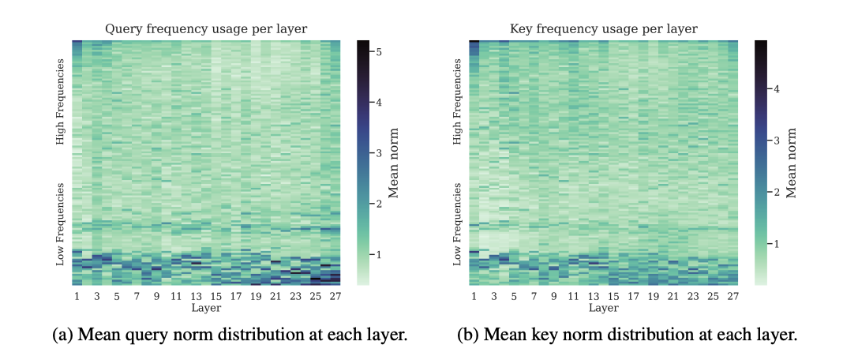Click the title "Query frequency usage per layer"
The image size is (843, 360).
click(206, 29)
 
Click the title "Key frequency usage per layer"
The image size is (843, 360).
click(603, 29)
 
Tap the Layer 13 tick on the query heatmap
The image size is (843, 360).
click(196, 297)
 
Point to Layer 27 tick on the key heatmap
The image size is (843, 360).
click(732, 297)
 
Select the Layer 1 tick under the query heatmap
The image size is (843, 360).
click(77, 297)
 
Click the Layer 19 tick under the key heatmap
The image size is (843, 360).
click(653, 297)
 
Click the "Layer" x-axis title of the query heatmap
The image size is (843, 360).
click(206, 308)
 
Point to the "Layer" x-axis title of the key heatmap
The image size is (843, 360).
click(603, 308)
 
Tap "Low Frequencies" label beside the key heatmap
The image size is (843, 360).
click(458, 224)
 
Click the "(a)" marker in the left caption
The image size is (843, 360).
click(62, 335)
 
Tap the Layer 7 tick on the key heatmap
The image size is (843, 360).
click(534, 297)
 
